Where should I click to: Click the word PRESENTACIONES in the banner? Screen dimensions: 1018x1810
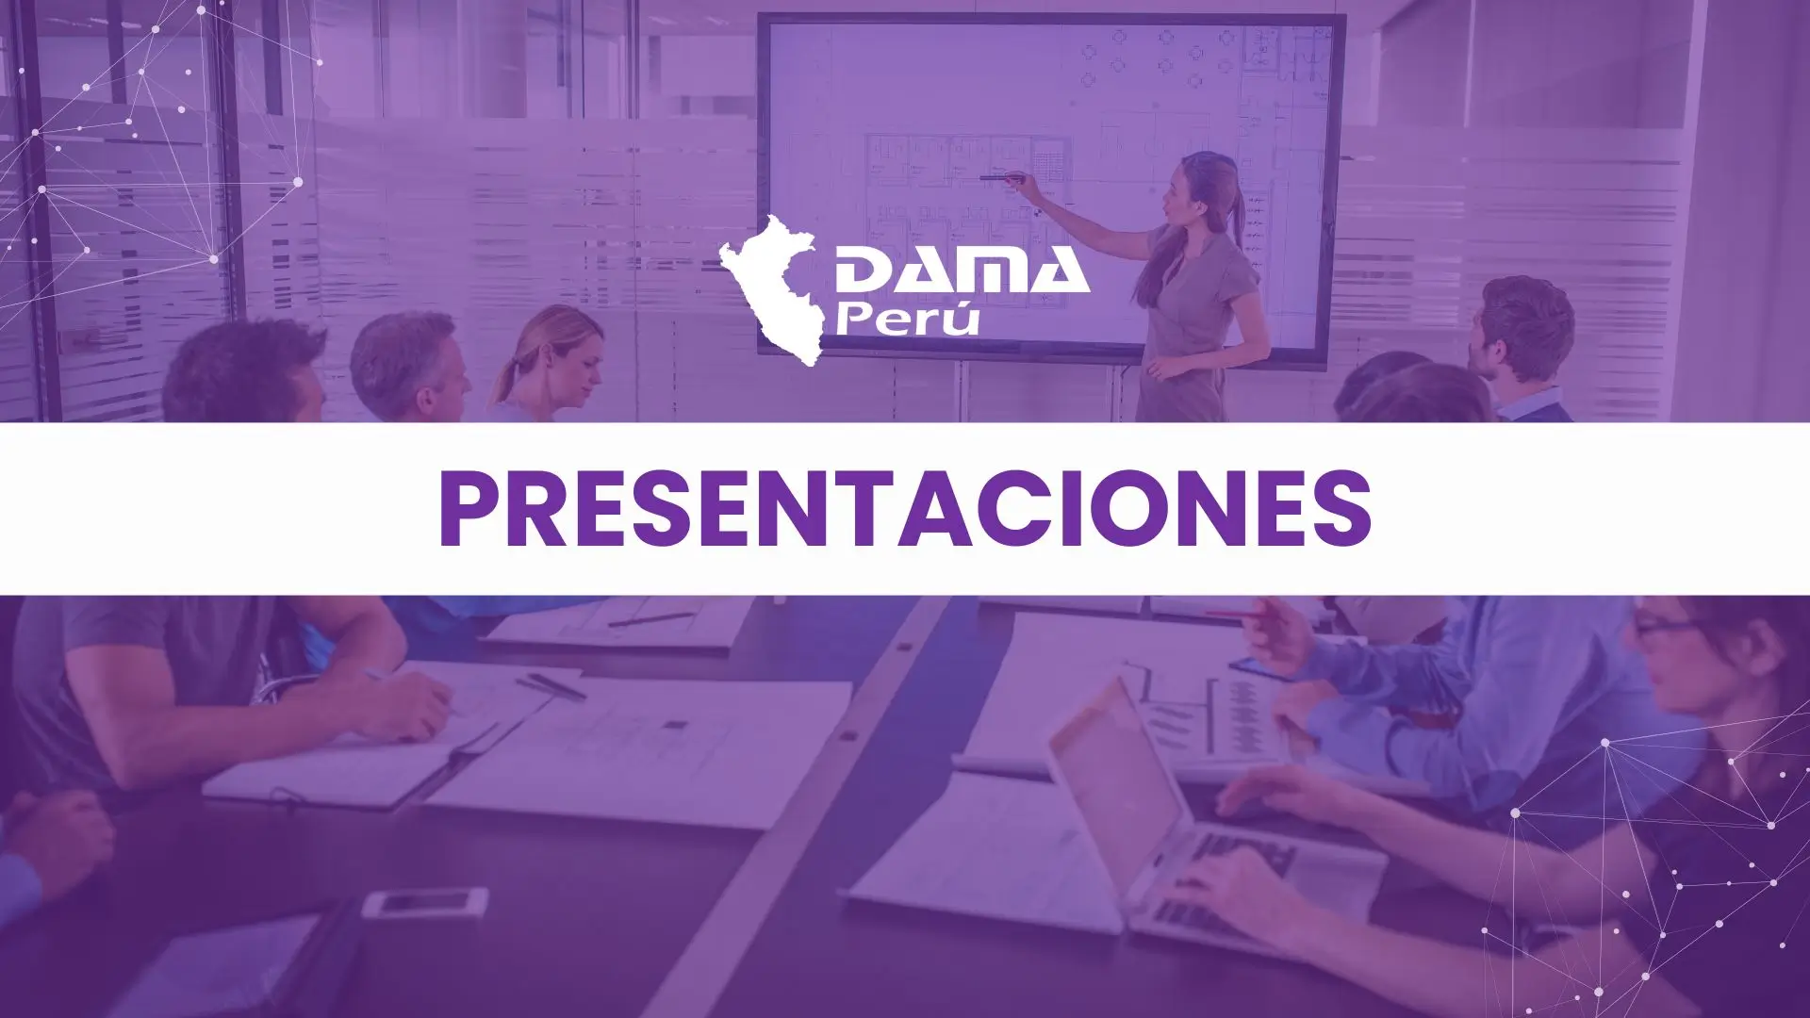click(x=905, y=509)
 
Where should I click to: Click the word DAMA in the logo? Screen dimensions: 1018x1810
click(x=961, y=271)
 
